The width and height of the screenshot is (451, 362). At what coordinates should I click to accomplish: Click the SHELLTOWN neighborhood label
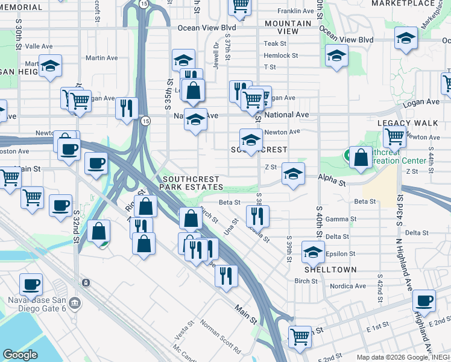click(330, 270)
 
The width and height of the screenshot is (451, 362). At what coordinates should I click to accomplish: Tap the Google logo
click(20, 355)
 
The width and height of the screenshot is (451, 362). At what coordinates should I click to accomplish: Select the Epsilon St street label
click(340, 254)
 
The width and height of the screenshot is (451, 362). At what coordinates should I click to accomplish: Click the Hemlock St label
click(281, 56)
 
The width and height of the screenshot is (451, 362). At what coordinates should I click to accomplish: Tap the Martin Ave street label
click(102, 59)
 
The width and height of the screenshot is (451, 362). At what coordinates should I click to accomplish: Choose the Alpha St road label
click(332, 182)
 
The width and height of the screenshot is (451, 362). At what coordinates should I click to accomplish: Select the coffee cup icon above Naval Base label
click(31, 284)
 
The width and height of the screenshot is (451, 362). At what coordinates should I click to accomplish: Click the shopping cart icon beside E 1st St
click(300, 336)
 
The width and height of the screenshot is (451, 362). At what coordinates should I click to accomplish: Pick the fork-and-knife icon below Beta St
click(257, 215)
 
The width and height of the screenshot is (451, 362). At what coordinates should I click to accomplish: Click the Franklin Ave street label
click(296, 11)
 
